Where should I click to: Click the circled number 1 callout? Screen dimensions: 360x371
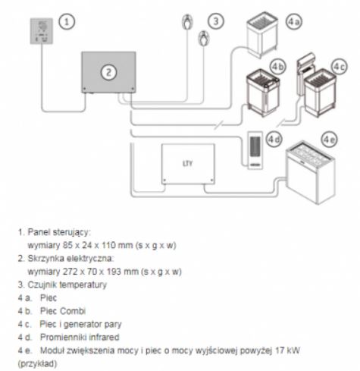[67, 22]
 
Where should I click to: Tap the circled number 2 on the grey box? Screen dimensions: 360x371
[108, 73]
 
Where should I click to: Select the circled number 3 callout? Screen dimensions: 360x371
[216, 21]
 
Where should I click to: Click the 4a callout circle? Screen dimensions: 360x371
[294, 21]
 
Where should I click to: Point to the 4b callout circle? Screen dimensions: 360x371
[278, 67]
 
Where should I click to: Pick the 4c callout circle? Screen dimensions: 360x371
[340, 67]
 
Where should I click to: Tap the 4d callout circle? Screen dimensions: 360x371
[274, 139]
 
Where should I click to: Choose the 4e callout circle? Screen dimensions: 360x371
[330, 140]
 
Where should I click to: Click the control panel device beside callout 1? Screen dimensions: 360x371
[42, 31]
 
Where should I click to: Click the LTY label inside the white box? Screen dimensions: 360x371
[187, 164]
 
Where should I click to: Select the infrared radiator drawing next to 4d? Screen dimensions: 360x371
[255, 150]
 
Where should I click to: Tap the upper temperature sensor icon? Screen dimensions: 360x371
[187, 22]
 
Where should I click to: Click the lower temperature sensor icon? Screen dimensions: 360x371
[203, 38]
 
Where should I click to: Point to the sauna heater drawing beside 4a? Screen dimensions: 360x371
[262, 35]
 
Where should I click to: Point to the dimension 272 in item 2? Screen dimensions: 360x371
[70, 272]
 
